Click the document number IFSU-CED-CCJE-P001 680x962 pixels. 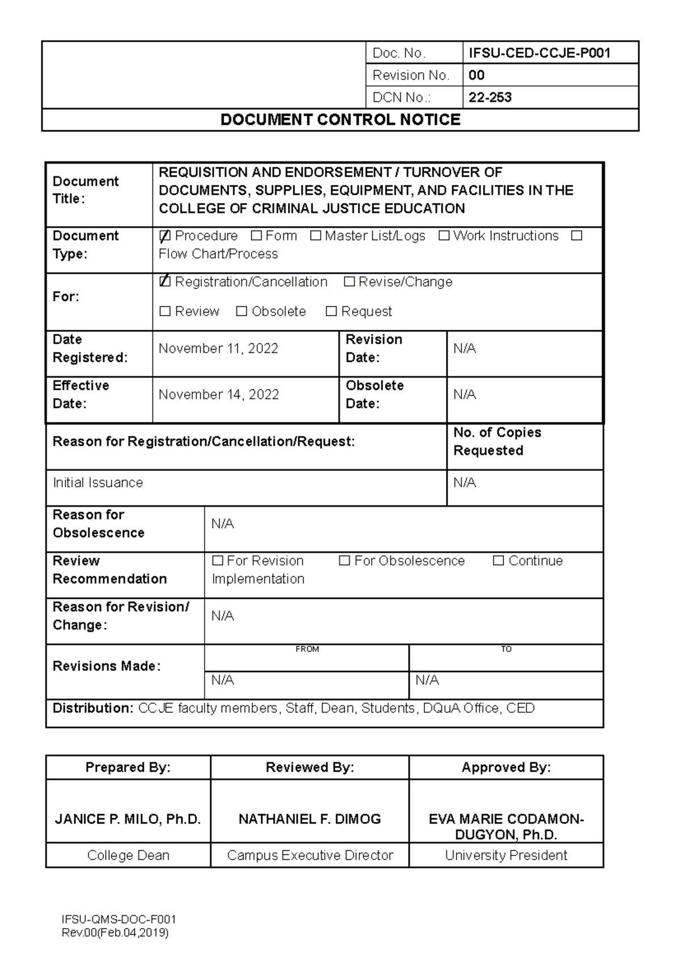pos(539,53)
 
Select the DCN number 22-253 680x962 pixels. pos(490,97)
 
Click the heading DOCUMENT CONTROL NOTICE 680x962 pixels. pos(340,120)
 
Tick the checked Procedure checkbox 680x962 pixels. pos(165,236)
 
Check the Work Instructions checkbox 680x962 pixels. pos(444,236)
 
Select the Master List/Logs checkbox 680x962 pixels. pos(316,236)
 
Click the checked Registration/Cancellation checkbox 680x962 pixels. pos(165,282)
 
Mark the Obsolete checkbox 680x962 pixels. pos(242,311)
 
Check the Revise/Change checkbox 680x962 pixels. pos(349,282)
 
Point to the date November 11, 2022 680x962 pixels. pos(218,348)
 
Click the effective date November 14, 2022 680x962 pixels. pos(219,394)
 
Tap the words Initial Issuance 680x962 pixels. pos(97,483)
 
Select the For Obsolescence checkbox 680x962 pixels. pos(344,561)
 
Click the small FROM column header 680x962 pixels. pos(307,649)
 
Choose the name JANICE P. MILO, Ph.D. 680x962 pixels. pos(128,819)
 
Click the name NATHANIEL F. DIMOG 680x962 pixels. pos(309,819)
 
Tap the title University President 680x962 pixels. pos(506,855)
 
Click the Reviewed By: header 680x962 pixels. pos(309,768)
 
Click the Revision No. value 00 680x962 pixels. pos(476,75)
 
